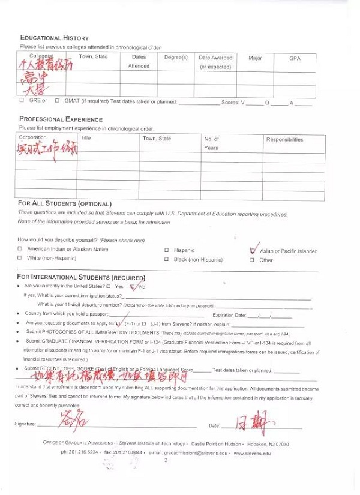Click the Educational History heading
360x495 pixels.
[x=55, y=38]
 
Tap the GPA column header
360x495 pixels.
[x=295, y=58]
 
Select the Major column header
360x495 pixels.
[x=255, y=58]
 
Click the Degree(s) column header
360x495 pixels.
[x=176, y=58]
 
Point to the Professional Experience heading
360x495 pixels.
[x=61, y=119]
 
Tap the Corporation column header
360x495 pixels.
[x=32, y=137]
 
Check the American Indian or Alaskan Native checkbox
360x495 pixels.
[x=20, y=249]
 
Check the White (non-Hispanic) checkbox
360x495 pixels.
[x=20, y=258]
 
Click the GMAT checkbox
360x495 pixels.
[x=57, y=101]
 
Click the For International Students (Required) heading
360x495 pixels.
[x=81, y=277]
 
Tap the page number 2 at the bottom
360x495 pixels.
[x=166, y=461]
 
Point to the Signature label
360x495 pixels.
[x=25, y=424]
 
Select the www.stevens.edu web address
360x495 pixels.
[x=252, y=453]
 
